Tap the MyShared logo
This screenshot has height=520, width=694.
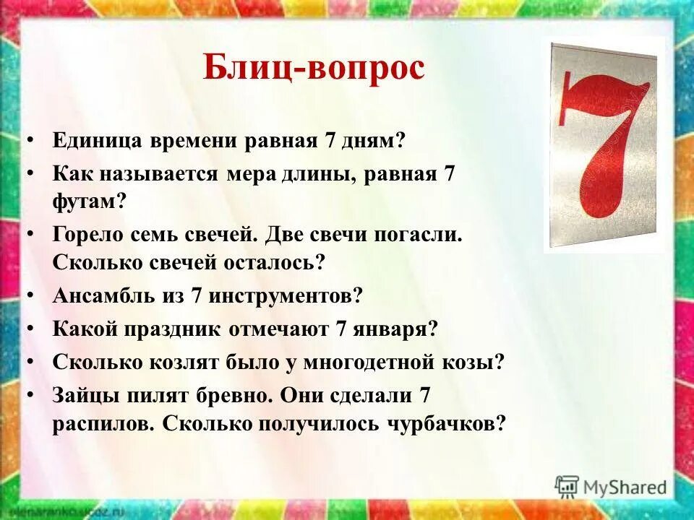point(612,485)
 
